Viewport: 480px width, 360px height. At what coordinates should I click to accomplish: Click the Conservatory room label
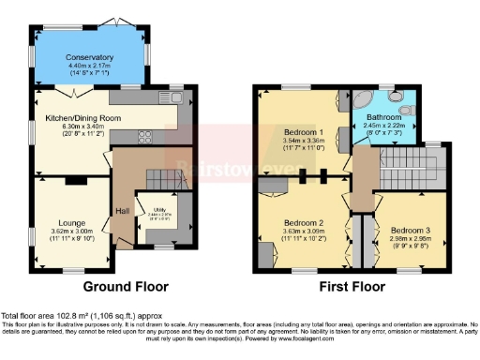tap(89, 56)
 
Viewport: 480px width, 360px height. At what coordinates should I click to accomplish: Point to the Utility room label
tap(155, 209)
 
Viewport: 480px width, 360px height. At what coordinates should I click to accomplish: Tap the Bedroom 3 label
tap(410, 230)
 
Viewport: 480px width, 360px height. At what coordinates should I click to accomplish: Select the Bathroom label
tap(387, 117)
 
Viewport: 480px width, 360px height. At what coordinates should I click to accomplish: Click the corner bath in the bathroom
tap(362, 100)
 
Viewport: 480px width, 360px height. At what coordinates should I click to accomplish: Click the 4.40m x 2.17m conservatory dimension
tap(89, 66)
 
